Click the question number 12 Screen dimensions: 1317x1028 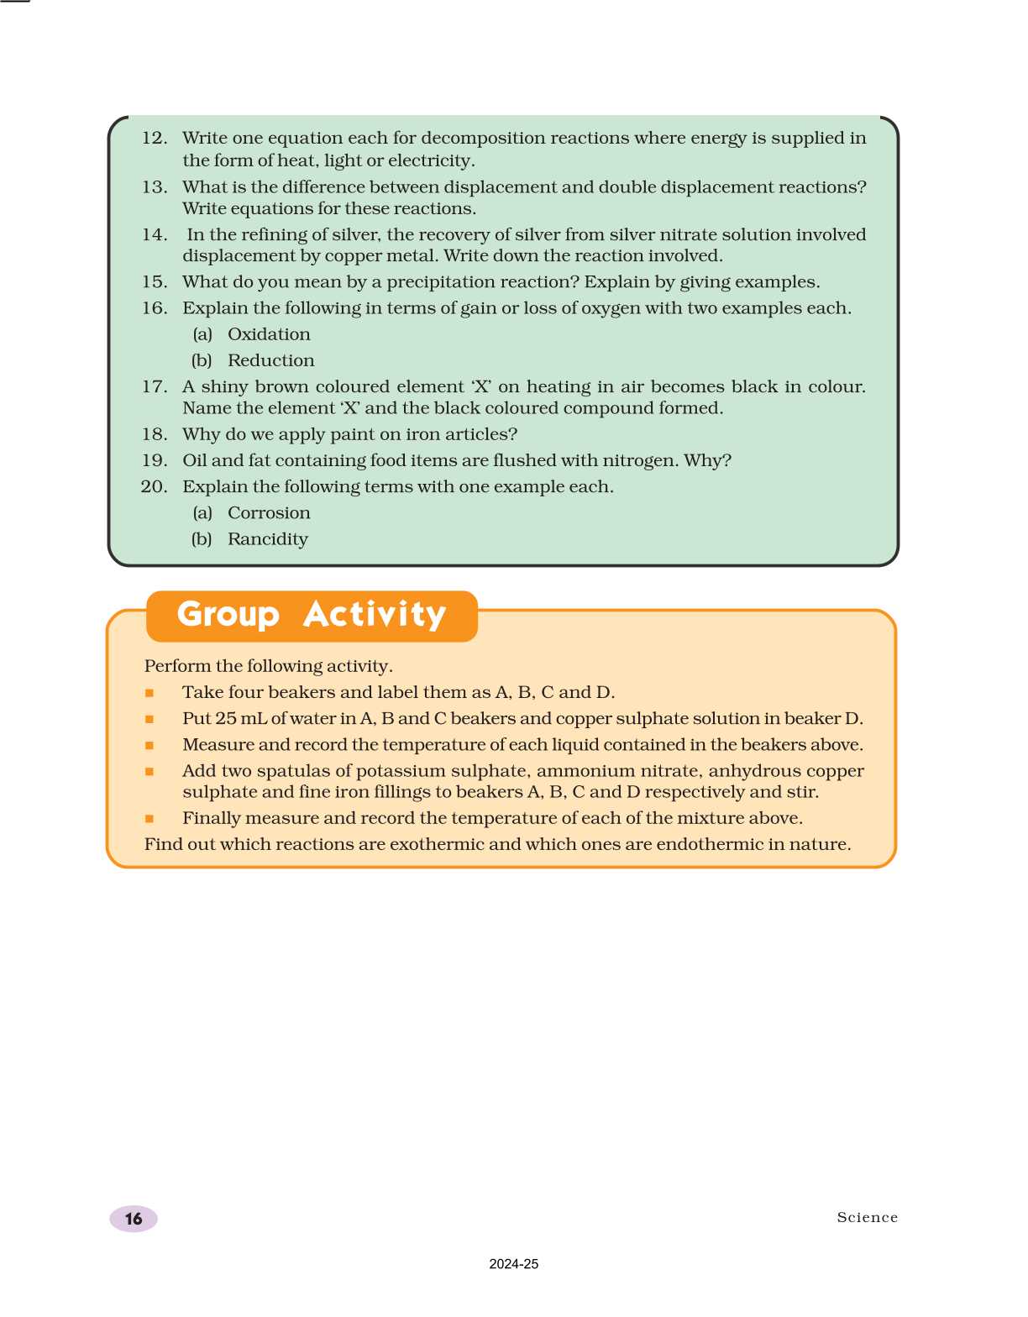pyautogui.click(x=154, y=138)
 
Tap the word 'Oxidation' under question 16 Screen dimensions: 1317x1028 pyautogui.click(x=269, y=334)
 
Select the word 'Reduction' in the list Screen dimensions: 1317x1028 pyautogui.click(x=270, y=360)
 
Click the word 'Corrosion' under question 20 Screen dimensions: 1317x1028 pyautogui.click(x=269, y=513)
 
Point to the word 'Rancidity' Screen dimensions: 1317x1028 pyautogui.click(x=267, y=539)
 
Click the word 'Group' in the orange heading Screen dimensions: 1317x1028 pyautogui.click(x=228, y=615)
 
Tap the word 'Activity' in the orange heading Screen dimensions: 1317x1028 pyautogui.click(x=375, y=615)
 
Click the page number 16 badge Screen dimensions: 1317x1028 pyautogui.click(x=134, y=1219)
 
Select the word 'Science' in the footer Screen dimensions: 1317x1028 pyautogui.click(x=867, y=1217)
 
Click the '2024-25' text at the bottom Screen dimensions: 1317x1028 pyautogui.click(x=513, y=1264)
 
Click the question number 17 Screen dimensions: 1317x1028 pyautogui.click(x=154, y=386)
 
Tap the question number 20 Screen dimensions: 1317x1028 pyautogui.click(x=154, y=486)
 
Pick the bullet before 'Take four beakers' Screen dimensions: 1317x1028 pyautogui.click(x=149, y=693)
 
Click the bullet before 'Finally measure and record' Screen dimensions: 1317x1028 pyautogui.click(x=149, y=818)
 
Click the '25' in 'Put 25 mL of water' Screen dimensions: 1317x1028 pyautogui.click(x=226, y=719)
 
